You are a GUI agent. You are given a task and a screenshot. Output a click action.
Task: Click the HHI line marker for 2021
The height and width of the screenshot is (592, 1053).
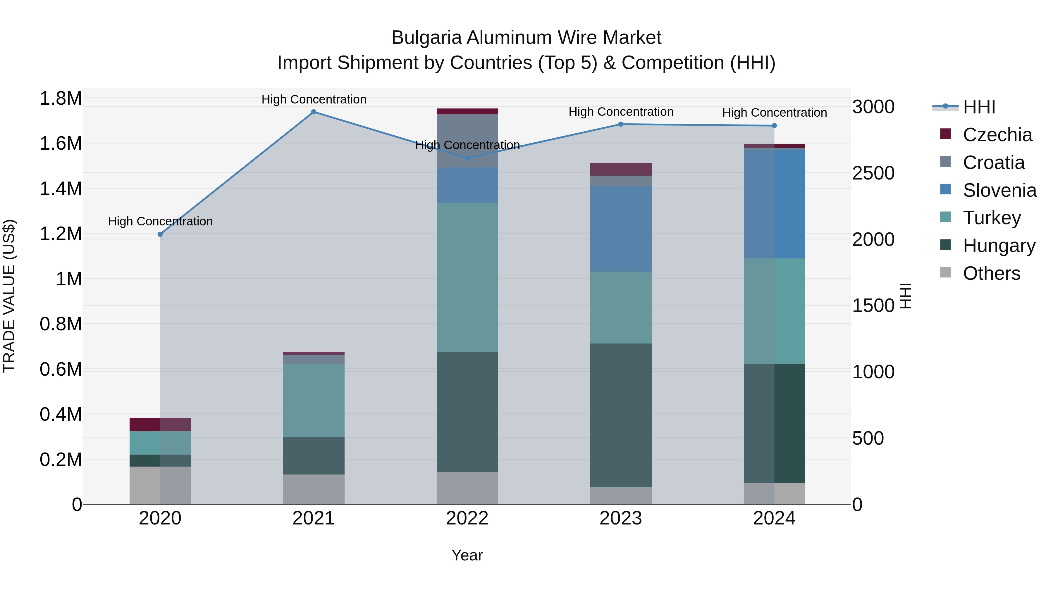pyautogui.click(x=314, y=112)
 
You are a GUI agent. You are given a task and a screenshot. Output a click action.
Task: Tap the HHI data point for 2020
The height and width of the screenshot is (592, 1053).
pyautogui.click(x=160, y=234)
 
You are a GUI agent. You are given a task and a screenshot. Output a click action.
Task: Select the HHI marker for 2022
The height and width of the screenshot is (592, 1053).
pyautogui.click(x=467, y=158)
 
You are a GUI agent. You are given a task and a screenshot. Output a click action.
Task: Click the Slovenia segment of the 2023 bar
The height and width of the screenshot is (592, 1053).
pyautogui.click(x=620, y=229)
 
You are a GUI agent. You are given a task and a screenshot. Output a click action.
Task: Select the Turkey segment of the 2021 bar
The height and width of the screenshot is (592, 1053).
pyautogui.click(x=314, y=401)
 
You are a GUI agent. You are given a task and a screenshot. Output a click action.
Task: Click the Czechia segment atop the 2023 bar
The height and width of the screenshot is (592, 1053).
pyautogui.click(x=620, y=169)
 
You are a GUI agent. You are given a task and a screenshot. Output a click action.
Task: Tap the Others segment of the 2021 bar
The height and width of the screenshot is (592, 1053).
pyautogui.click(x=314, y=489)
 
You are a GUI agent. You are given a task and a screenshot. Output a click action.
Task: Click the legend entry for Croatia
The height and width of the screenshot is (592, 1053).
pyautogui.click(x=993, y=163)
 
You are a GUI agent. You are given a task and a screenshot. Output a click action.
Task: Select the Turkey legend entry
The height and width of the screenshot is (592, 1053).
pyautogui.click(x=992, y=218)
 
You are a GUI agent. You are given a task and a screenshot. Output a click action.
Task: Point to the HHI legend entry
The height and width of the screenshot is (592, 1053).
pyautogui.click(x=979, y=107)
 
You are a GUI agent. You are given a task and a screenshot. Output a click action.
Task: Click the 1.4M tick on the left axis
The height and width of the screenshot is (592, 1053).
pyautogui.click(x=61, y=189)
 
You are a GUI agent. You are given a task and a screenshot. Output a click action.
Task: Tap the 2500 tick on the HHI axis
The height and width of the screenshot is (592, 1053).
pyautogui.click(x=873, y=173)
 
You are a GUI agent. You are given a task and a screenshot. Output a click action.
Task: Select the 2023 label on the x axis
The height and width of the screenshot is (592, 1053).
pyautogui.click(x=620, y=518)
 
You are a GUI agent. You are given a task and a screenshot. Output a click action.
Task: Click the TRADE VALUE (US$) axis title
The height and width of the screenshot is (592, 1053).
pyautogui.click(x=9, y=296)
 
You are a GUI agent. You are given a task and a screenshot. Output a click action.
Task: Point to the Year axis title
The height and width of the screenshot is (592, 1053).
pyautogui.click(x=467, y=555)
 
